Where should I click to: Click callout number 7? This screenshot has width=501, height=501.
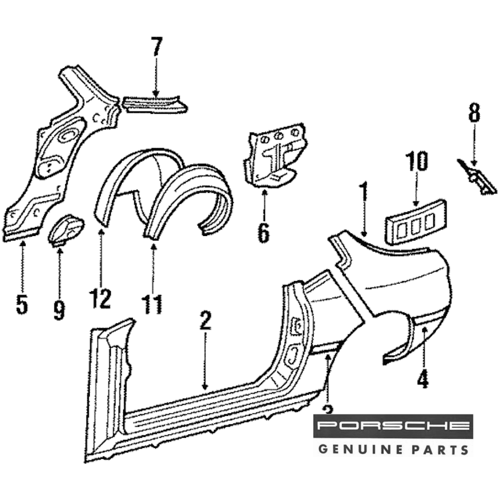[156, 48]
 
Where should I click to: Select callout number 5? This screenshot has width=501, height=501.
[22, 304]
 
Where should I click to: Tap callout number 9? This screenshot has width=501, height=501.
[59, 309]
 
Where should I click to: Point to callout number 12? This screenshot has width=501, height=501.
[100, 299]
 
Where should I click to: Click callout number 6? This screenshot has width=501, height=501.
[264, 232]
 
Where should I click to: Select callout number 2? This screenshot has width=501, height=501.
[205, 321]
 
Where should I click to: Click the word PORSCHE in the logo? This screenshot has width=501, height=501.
[393, 426]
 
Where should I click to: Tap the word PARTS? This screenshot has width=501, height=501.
[440, 449]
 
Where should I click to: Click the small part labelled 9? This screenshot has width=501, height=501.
[66, 229]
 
